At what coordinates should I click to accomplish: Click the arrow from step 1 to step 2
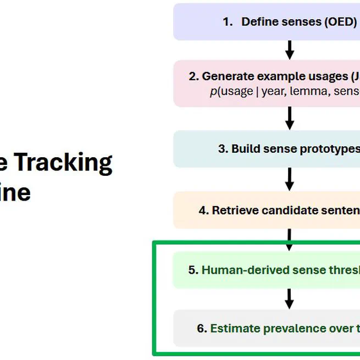click(290, 50)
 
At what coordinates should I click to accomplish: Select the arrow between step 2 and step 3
click(290, 118)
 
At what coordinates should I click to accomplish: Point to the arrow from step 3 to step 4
click(290, 179)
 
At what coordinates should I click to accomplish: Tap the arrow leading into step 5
click(290, 240)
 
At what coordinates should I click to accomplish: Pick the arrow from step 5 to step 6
click(290, 298)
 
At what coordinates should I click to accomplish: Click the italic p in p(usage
click(212, 91)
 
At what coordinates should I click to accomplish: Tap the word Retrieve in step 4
click(235, 210)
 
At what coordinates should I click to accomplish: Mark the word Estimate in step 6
click(236, 329)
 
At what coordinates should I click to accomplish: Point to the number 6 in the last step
click(201, 329)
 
